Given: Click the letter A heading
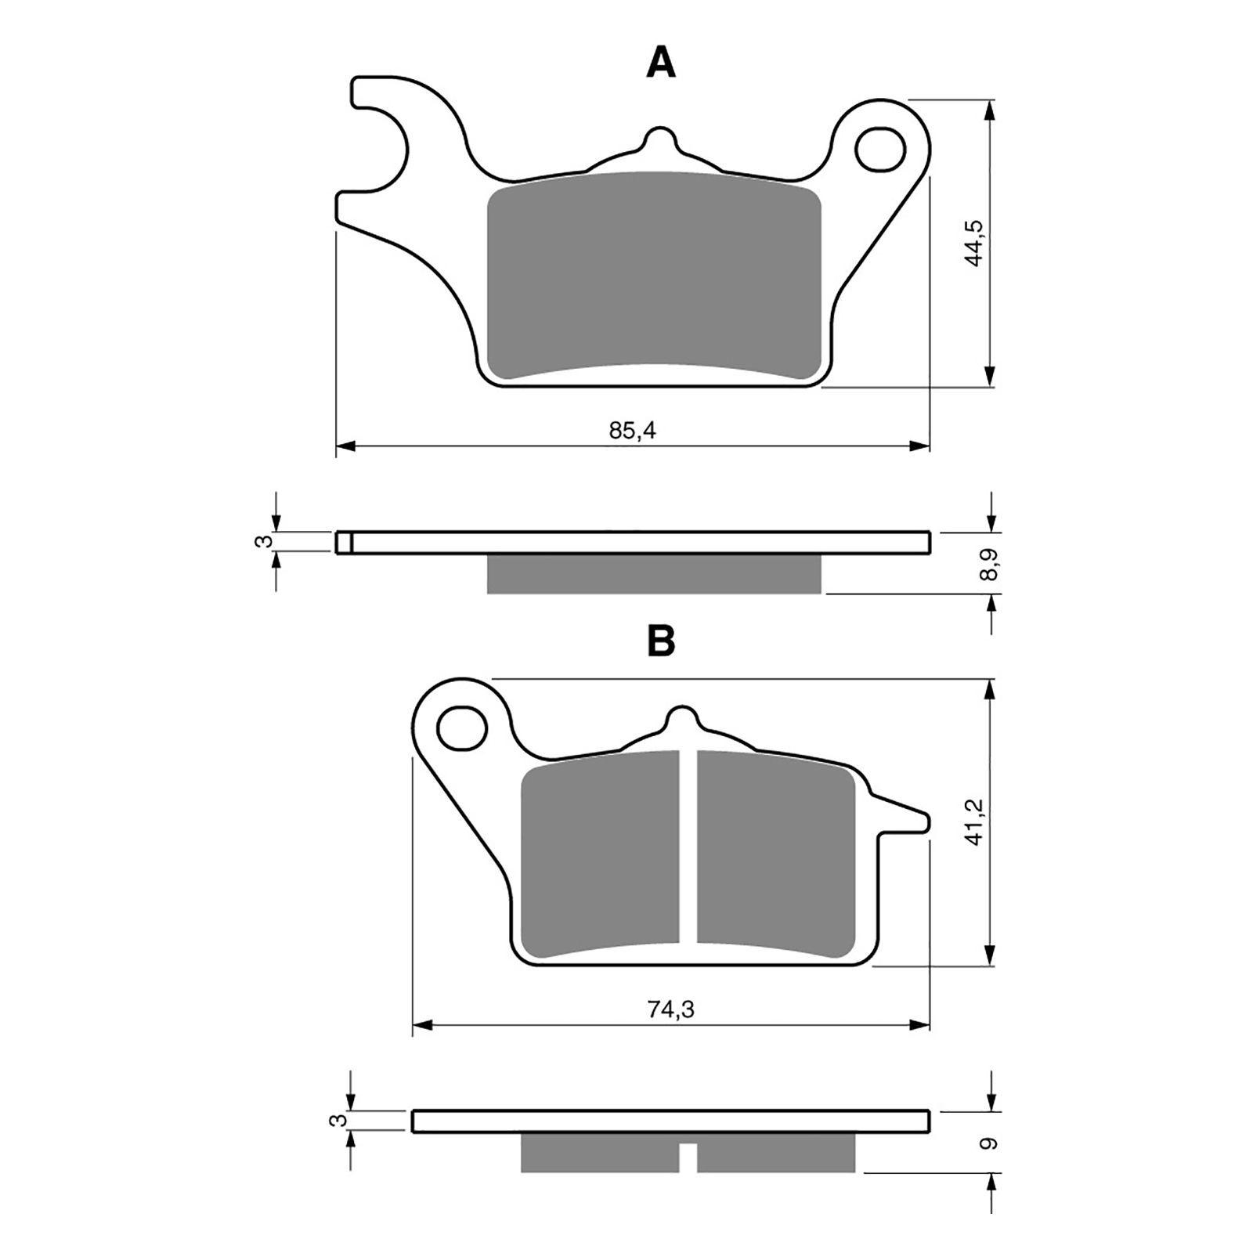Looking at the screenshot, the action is (660, 63).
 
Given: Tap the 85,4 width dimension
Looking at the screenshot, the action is (633, 431).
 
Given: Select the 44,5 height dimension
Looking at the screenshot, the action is (974, 243).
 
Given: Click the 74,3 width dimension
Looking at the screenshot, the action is (671, 1009).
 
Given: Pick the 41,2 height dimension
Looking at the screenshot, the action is (974, 821).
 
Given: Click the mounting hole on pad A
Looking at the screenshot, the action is (880, 149).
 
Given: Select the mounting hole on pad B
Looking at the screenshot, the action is (460, 727).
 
